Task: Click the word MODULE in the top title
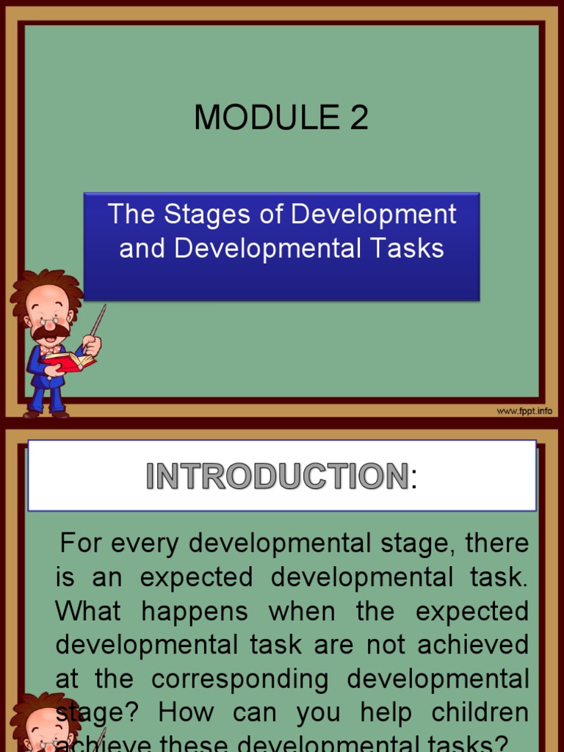pos(255,117)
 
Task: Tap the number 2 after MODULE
pos(358,117)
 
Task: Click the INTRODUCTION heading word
pos(277,477)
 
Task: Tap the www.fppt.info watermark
pos(524,411)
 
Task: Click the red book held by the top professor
pos(70,361)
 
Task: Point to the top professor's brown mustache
pos(50,333)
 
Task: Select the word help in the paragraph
pos(388,713)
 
